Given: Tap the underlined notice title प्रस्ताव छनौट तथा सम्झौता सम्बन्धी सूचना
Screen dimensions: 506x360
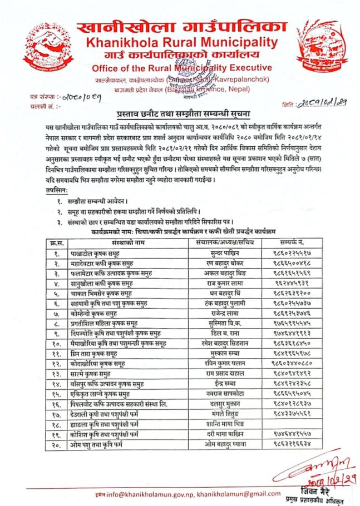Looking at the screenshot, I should [180, 112].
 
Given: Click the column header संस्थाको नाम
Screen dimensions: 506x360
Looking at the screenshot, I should [127, 242].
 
